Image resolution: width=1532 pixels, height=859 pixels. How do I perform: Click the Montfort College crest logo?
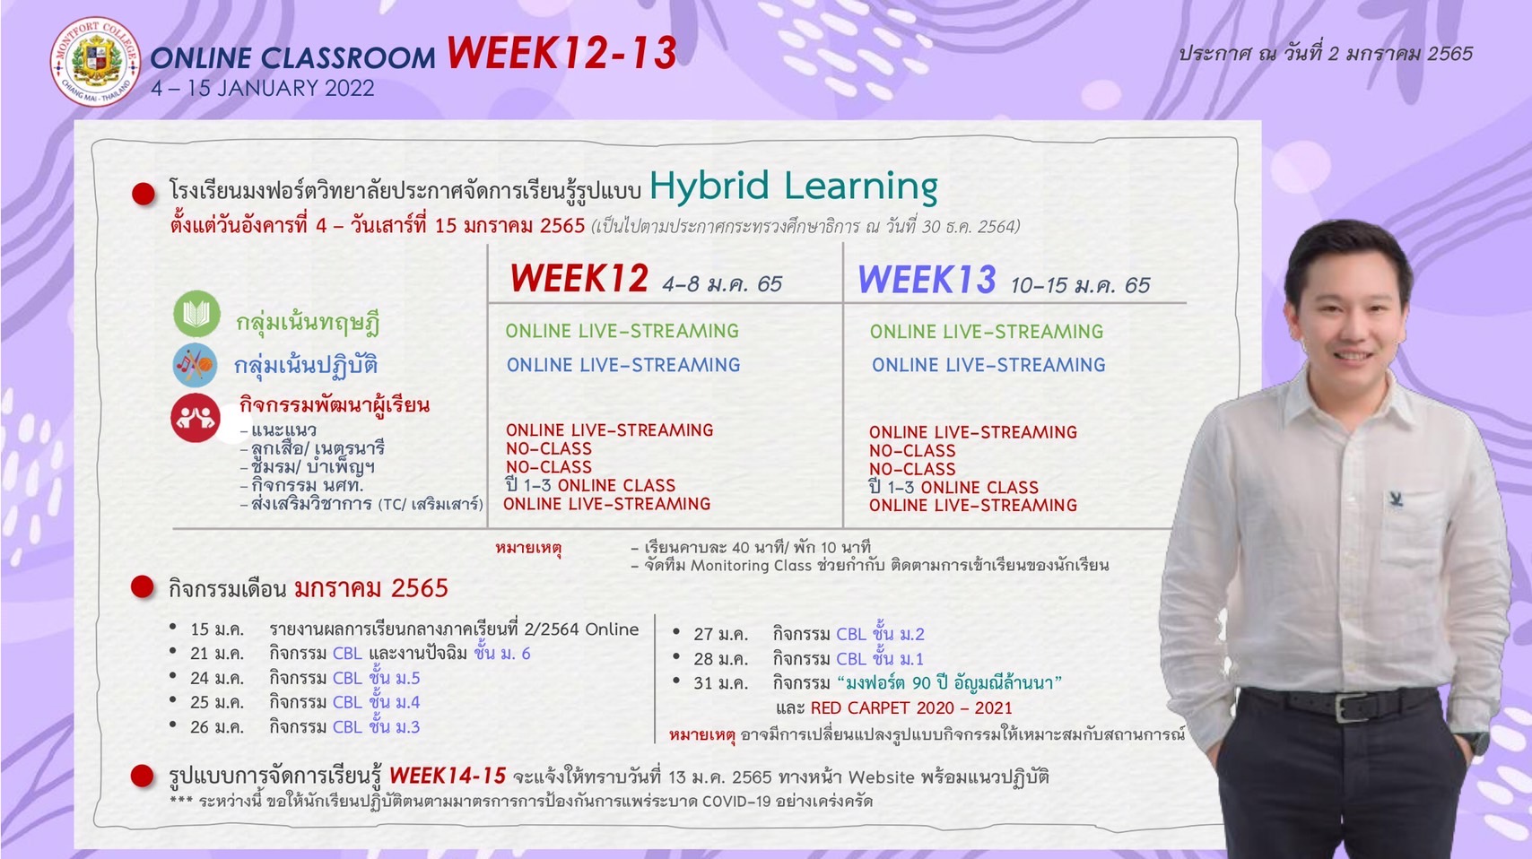pos(95,62)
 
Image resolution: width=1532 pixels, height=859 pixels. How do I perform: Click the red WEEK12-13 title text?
pos(561,53)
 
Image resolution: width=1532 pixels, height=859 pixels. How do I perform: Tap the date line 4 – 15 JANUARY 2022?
pos(263,88)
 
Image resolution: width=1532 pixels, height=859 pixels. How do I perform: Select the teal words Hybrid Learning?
pos(793,186)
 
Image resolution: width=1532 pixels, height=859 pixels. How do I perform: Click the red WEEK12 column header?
pos(579,278)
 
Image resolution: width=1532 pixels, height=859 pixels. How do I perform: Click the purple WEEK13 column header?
pos(927,279)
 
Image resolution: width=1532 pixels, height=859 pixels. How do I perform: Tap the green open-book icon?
pos(197,314)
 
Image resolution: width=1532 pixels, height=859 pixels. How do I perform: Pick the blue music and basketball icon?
pos(195,365)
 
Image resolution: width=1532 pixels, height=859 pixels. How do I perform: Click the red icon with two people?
pos(196,417)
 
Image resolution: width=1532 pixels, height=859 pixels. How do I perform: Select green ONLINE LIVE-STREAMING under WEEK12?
pos(622,331)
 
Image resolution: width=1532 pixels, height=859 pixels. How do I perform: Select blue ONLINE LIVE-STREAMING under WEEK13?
pos(988,365)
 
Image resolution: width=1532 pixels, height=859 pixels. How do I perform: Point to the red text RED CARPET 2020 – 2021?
pos(911,707)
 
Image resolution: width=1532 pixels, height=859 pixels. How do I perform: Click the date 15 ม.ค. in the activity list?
pos(217,629)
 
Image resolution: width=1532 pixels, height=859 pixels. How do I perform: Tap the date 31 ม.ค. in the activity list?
pos(721,682)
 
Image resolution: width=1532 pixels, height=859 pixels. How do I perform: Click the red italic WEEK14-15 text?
pos(448,776)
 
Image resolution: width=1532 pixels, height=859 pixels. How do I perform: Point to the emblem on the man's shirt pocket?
pos(1397,499)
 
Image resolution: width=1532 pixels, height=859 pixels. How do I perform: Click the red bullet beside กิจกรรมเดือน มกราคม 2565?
pos(143,586)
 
